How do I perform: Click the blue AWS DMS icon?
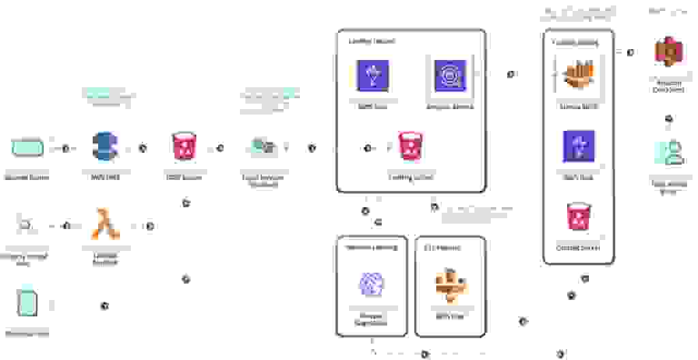(x=105, y=147)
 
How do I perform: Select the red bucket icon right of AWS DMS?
(x=182, y=147)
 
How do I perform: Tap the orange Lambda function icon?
(x=105, y=225)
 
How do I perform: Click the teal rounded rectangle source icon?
(x=27, y=147)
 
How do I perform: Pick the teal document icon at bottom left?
(x=27, y=303)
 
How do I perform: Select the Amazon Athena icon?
(x=449, y=75)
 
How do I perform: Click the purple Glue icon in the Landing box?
(x=372, y=76)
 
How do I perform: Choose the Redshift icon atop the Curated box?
(x=578, y=75)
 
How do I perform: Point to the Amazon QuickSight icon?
(x=669, y=52)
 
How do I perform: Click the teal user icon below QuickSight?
(x=669, y=152)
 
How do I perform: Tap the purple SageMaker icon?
(x=372, y=284)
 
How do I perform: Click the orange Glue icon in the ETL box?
(x=449, y=284)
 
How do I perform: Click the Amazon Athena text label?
(x=449, y=107)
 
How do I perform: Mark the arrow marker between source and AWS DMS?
(x=66, y=148)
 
